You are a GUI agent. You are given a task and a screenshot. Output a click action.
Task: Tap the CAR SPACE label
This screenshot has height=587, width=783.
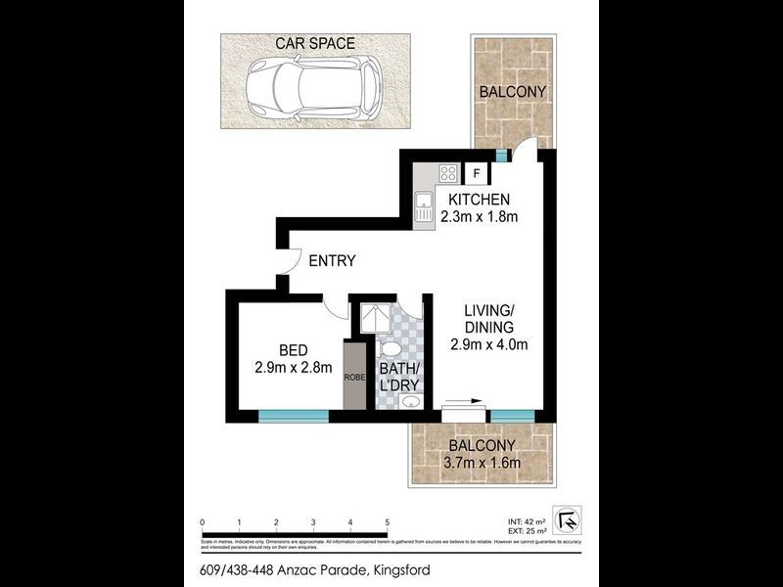tap(314, 43)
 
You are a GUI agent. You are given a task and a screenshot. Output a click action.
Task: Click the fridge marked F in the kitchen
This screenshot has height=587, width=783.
tap(477, 174)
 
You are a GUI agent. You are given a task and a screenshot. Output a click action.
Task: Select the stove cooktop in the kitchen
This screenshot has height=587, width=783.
tap(448, 174)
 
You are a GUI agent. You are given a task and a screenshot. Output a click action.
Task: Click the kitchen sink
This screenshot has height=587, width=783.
tap(424, 206)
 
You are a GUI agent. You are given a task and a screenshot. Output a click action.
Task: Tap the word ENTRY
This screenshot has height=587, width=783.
tap(332, 261)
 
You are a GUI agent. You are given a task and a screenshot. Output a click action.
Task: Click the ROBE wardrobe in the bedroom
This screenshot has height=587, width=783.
tap(352, 375)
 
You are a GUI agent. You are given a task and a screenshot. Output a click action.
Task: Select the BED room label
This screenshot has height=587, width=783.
tap(294, 350)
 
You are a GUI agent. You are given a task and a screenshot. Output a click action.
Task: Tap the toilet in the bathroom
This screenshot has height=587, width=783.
tap(389, 349)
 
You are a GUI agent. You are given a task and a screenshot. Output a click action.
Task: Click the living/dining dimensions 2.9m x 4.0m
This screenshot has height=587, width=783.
tap(488, 344)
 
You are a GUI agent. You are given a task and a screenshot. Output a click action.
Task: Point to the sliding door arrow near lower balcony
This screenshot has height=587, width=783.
tap(462, 400)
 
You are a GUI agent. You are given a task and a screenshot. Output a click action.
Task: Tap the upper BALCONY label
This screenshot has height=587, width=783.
tap(511, 92)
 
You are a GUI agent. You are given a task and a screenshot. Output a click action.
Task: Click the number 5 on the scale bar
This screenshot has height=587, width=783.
tap(388, 522)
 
